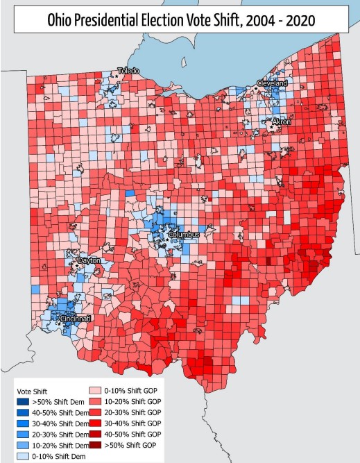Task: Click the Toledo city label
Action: [128, 71]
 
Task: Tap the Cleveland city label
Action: [272, 83]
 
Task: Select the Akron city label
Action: [281, 121]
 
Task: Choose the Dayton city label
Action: [89, 260]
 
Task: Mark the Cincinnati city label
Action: [76, 318]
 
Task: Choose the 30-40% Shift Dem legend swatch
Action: [26, 423]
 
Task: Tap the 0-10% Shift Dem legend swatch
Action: [26, 455]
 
